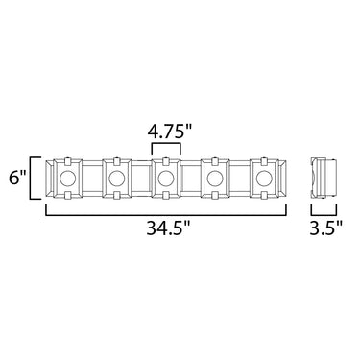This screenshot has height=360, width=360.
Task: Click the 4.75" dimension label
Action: (169, 131)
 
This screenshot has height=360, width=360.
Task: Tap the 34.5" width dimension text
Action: (168, 228)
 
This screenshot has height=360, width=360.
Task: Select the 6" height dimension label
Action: (18, 179)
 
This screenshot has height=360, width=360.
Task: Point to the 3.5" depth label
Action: (326, 228)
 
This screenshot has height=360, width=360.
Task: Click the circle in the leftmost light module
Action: (67, 179)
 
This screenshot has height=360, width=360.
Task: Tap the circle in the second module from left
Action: (116, 179)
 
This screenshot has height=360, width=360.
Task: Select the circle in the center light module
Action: (166, 179)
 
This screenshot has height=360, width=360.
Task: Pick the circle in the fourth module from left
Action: (215, 179)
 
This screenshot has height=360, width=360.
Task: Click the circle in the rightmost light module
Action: (264, 179)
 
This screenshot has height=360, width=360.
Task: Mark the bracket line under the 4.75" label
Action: (166, 144)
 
